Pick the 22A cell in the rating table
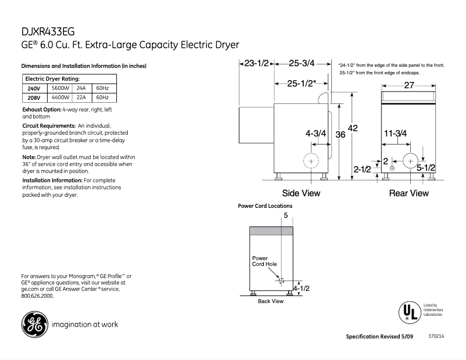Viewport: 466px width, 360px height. [x=81, y=98]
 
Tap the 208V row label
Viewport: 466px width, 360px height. [x=34, y=98]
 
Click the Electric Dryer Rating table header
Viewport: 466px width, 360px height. [x=52, y=78]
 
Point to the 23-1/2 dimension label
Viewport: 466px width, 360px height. [x=256, y=63]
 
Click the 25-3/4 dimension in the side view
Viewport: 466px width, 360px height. [x=301, y=63]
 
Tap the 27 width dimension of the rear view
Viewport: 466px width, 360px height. [x=408, y=85]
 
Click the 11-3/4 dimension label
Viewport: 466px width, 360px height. [x=395, y=133]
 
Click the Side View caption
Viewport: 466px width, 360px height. [x=300, y=193]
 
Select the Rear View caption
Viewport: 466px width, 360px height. [x=408, y=193]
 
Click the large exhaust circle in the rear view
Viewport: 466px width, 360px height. [x=410, y=161]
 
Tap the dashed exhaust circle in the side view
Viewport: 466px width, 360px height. [x=312, y=161]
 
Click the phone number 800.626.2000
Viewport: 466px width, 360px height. [x=37, y=296]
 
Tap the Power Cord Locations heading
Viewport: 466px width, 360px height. [x=266, y=206]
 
